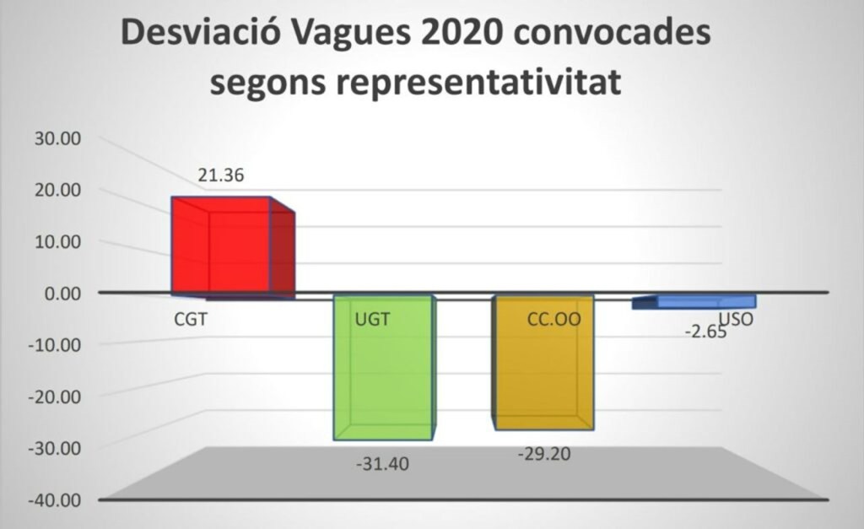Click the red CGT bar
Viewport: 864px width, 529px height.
click(233, 247)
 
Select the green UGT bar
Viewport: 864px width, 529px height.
click(385, 368)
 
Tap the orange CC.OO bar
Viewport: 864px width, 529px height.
click(543, 363)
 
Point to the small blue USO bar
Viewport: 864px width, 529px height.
click(694, 302)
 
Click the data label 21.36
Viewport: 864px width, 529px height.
click(221, 175)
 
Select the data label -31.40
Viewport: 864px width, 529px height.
click(382, 464)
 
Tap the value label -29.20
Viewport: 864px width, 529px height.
click(544, 454)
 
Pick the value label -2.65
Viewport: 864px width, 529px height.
click(705, 332)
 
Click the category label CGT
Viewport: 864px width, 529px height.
click(191, 319)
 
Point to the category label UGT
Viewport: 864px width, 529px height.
click(372, 319)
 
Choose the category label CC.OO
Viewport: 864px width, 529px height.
click(554, 319)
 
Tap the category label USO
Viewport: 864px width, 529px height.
click(736, 319)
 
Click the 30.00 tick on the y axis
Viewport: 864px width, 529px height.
click(58, 138)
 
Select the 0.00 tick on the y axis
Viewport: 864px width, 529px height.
click(62, 293)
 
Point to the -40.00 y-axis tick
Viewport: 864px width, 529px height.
click(55, 500)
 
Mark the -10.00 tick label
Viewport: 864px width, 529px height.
click(55, 345)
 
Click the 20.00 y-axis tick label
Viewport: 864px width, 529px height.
click(58, 190)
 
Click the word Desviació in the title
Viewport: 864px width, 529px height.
click(200, 32)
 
